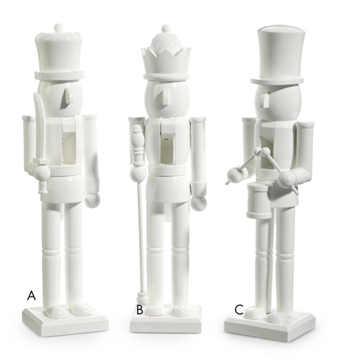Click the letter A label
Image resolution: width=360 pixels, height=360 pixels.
click(x=32, y=295)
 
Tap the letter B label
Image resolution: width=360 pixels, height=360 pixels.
click(x=140, y=309)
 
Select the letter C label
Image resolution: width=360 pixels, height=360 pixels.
click(x=239, y=309)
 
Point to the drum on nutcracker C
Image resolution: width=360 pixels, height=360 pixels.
click(x=259, y=201)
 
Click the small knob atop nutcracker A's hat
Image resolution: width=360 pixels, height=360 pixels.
click(x=58, y=29)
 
